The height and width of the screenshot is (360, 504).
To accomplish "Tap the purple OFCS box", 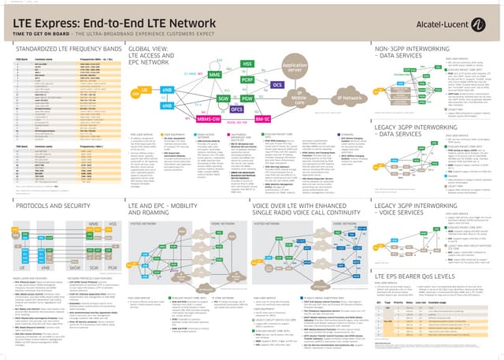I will click(237, 109).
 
